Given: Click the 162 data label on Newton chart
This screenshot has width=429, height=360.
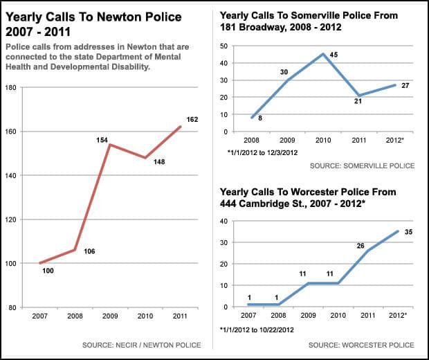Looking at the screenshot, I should click(192, 120).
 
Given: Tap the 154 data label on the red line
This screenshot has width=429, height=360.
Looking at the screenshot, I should click(102, 140).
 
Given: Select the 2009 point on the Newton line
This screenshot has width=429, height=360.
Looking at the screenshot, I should click(107, 145).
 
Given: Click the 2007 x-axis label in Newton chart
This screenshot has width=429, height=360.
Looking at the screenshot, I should click(39, 316).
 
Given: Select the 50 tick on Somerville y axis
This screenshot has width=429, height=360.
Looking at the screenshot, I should click(224, 46).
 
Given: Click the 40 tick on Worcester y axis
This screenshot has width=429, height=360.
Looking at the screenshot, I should click(224, 222).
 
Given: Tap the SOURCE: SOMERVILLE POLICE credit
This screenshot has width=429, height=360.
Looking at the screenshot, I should click(362, 166).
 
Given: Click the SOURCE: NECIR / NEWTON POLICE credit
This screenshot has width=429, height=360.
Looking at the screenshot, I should click(141, 345).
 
